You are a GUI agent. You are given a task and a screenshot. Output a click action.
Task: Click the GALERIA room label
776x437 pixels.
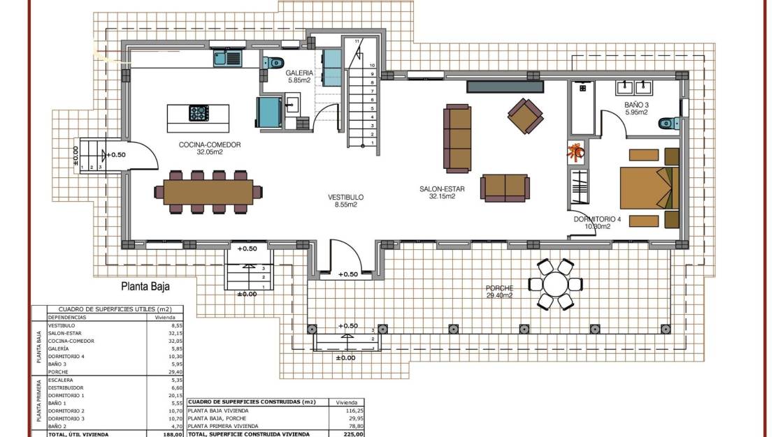point(299,73)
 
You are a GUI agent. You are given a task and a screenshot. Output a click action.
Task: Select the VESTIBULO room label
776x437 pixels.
point(346,198)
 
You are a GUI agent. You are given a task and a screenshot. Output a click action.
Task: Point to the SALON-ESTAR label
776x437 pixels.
point(438,188)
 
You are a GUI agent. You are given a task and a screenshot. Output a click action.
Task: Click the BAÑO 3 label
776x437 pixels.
point(637,105)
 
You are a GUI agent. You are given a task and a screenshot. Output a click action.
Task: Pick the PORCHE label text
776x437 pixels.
point(500,288)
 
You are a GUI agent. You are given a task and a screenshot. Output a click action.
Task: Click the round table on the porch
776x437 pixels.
point(555,284)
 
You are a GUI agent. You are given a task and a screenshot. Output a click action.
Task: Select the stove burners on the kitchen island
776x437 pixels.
point(199,112)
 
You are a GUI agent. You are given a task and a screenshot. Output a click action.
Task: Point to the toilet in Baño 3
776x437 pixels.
point(668,124)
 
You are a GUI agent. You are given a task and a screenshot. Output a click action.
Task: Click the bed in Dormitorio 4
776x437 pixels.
point(649,187)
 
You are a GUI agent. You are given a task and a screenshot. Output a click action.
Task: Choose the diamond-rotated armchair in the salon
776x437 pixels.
point(525,116)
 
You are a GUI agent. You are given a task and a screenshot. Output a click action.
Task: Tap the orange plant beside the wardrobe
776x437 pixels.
point(577,150)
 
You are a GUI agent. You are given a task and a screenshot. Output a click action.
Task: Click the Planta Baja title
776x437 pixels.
point(145,286)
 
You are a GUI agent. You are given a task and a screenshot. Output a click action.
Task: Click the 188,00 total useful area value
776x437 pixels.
point(173,434)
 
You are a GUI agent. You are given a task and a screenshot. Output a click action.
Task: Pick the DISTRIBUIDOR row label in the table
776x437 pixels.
point(66,387)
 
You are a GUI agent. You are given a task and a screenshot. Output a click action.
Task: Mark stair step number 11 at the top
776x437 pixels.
point(357,42)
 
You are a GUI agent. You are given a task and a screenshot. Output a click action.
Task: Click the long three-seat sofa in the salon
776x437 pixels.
point(459,138)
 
